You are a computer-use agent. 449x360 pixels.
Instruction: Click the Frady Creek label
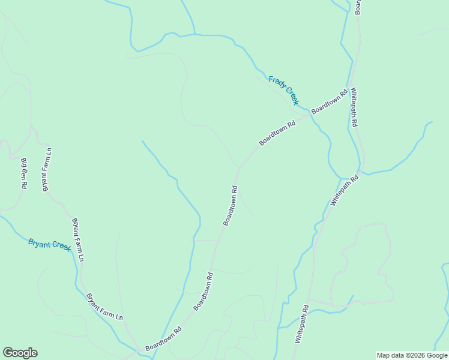(x=283, y=90)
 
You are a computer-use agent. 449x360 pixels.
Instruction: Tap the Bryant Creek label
(x=50, y=244)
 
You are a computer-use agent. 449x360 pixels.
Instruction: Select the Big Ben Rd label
(x=24, y=173)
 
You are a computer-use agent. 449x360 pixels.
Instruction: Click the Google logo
(x=20, y=353)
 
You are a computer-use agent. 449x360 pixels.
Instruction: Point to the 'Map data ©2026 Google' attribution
(x=412, y=355)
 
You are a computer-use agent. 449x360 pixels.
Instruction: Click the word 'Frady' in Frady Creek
(x=277, y=83)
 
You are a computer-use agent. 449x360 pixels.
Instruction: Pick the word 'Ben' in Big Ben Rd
(x=24, y=173)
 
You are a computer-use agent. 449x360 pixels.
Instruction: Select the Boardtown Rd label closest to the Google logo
(x=163, y=339)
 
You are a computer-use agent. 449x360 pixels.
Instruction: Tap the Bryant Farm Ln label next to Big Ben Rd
(x=46, y=170)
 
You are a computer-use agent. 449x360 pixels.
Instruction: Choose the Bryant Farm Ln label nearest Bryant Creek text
(x=78, y=239)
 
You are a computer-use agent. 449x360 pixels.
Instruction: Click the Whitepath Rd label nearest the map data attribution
(x=301, y=324)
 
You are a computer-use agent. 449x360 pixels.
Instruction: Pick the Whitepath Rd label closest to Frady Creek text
(x=354, y=107)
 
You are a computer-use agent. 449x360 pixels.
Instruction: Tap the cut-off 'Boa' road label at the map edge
(x=358, y=6)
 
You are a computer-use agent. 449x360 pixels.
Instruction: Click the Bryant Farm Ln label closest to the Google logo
(x=104, y=306)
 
